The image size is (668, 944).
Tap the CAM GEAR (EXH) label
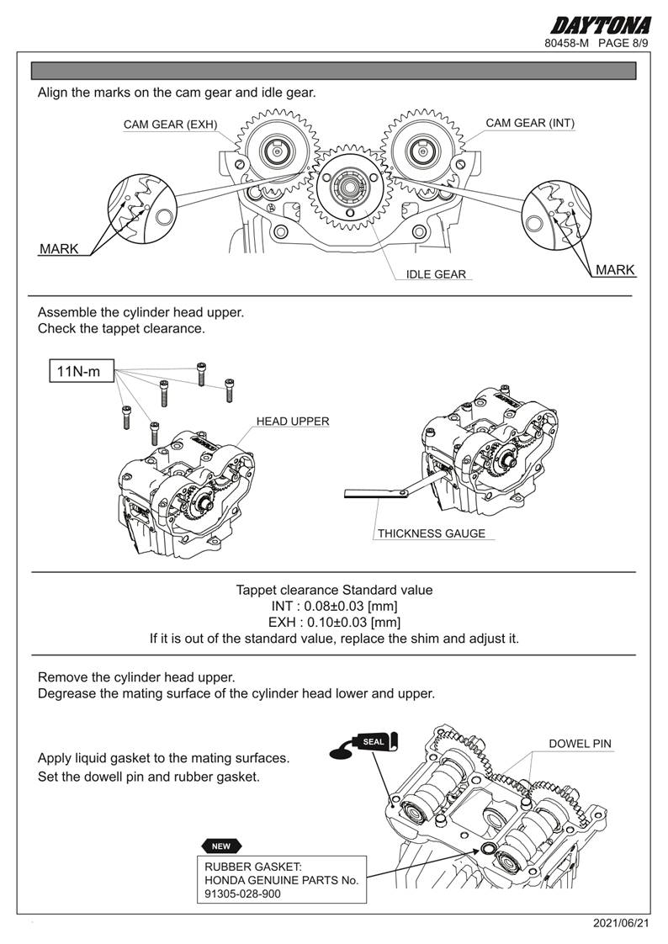click(x=170, y=125)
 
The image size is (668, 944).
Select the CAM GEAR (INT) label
click(x=530, y=123)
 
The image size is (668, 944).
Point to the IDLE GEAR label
click(x=436, y=274)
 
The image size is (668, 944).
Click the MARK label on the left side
click(x=59, y=249)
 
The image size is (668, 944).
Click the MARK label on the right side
click(x=615, y=270)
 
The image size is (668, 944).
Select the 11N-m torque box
click(x=81, y=371)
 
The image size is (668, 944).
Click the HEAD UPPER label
click(x=293, y=421)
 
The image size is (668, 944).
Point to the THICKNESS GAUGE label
click(x=431, y=533)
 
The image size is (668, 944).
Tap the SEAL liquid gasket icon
click(x=374, y=742)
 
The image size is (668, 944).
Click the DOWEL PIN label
click(x=580, y=744)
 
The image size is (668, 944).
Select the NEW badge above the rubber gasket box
click(x=221, y=846)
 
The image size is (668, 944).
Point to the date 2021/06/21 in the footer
click(x=622, y=923)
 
